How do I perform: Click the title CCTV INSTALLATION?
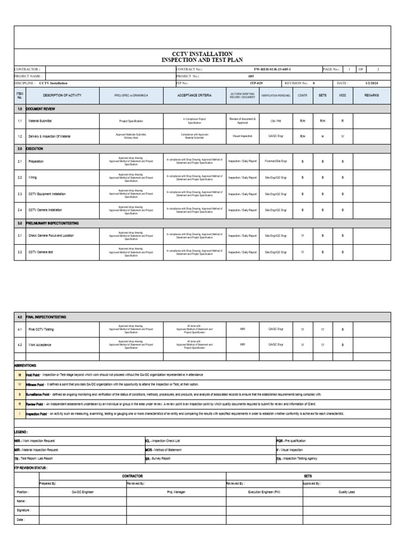point(202,54)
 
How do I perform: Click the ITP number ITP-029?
point(256,83)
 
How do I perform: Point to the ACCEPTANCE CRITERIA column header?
point(195,95)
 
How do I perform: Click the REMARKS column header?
point(371,95)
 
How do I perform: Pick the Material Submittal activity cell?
point(40,121)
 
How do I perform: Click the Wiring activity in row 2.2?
point(33,178)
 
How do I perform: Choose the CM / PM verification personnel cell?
point(276,121)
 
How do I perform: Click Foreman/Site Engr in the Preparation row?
point(276,161)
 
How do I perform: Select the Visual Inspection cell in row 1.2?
point(243,136)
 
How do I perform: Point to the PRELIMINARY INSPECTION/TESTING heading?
point(52,223)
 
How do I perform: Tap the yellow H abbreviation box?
point(20,374)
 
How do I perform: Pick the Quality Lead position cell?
point(346,491)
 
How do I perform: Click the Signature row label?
point(24,510)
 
